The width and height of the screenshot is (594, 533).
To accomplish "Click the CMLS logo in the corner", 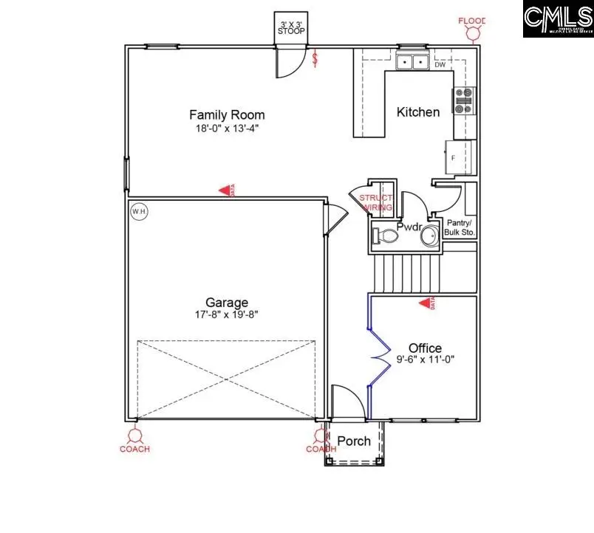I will point(558,19).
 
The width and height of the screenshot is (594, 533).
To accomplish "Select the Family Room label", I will point(227,115).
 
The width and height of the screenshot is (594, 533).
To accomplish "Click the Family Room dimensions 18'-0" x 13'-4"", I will point(227,128).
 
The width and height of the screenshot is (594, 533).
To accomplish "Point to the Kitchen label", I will point(418,112).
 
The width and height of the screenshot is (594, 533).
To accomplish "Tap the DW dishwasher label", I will point(440,65).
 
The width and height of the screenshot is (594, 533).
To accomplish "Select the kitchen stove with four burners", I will point(463,100).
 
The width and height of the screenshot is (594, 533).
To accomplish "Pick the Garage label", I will point(227,303).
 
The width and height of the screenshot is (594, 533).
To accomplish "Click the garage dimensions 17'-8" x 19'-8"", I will point(227,314).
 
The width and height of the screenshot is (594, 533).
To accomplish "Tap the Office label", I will point(425,348).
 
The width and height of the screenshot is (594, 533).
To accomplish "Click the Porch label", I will point(354,441).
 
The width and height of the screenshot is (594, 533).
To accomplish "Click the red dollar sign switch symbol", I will point(316,58).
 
